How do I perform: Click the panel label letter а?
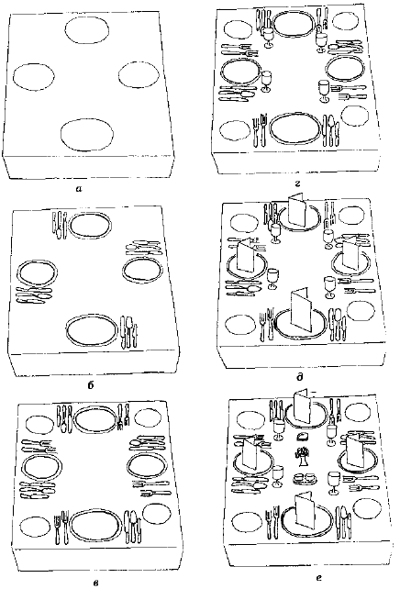tap(79, 189)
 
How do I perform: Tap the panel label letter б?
tap(91, 385)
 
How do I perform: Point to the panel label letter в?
tap(95, 583)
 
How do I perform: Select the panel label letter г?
tap(297, 184)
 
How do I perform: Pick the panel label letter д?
tap(300, 376)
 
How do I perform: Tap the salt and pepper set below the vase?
tap(305, 478)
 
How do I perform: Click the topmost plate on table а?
tap(87, 30)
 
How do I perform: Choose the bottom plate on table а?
tap(87, 135)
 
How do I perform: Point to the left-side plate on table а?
tap(33, 76)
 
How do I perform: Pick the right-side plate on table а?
tap(139, 74)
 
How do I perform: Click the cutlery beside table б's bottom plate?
tap(128, 332)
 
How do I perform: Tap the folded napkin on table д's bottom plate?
tap(302, 310)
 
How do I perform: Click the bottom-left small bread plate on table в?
tap(35, 527)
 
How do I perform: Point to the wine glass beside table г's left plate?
tap(266, 81)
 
